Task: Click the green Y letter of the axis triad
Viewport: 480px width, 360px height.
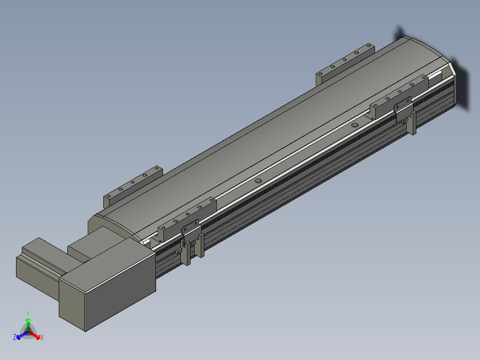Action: click(x=28, y=313)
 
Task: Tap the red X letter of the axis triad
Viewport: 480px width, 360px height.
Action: click(x=42, y=337)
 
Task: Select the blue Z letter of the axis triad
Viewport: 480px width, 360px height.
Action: click(x=15, y=337)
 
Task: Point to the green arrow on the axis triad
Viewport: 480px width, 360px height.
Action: click(x=28, y=324)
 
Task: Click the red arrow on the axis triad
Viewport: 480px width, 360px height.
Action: click(x=34, y=335)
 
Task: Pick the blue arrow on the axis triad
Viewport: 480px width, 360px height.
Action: click(x=22, y=335)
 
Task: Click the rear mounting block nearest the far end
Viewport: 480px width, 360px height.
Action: click(x=346, y=64)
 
